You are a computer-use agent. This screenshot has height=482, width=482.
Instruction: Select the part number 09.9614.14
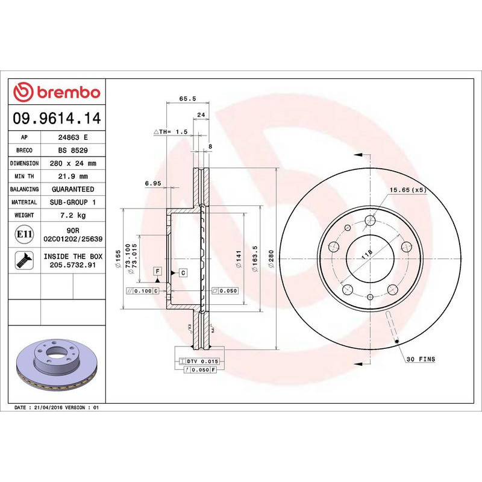coord(57,117)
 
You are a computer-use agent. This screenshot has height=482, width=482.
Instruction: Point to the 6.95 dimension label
coord(152,183)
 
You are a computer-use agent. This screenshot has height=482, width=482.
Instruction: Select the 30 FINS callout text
coord(420,359)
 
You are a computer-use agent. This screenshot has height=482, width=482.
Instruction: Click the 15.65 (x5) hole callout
coord(407,190)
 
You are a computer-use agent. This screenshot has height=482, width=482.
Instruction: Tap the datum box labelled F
coord(157,272)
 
